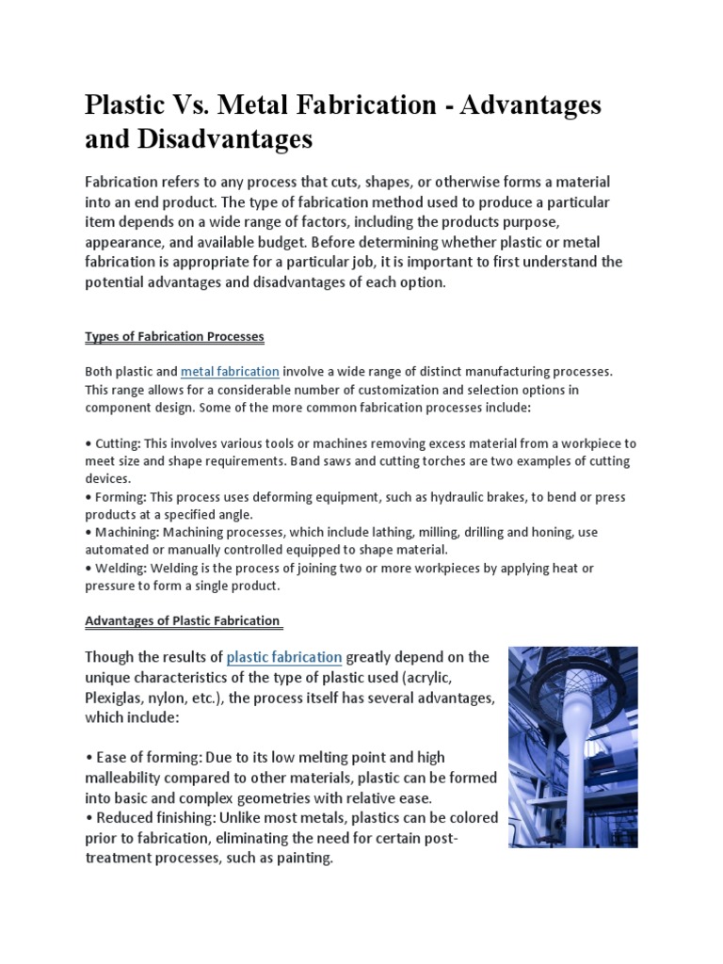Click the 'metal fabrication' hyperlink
tap(230, 372)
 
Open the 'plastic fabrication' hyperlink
tap(284, 656)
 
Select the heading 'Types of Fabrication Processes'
tap(174, 336)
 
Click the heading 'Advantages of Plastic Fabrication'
tap(183, 620)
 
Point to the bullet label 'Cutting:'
tap(117, 443)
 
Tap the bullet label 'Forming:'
tap(120, 496)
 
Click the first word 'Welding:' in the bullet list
tap(120, 568)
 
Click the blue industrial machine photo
tap(572, 747)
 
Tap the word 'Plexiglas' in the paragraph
tap(117, 697)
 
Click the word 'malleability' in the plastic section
tap(125, 778)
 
